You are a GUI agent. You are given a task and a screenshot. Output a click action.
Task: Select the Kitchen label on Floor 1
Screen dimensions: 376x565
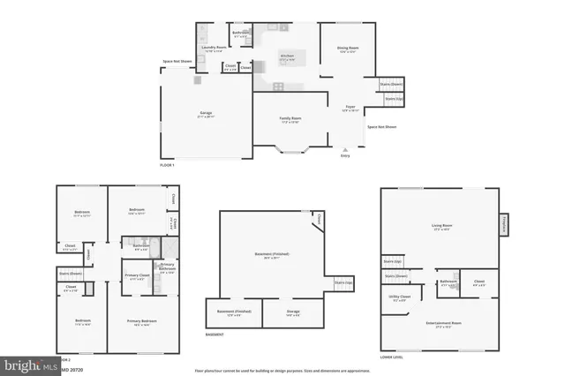[x=288, y=57]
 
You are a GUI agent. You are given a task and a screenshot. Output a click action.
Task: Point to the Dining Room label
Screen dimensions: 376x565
[x=347, y=50]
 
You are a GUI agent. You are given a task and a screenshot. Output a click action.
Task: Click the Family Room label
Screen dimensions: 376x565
[x=290, y=119]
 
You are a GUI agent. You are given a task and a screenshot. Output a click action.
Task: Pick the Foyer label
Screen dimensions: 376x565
[x=350, y=109]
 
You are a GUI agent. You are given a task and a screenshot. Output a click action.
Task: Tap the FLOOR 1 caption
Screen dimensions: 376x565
[x=168, y=166]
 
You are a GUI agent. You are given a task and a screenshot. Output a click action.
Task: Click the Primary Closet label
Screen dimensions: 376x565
[x=136, y=277]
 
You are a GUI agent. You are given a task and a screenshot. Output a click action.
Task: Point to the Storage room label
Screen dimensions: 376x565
[x=293, y=312]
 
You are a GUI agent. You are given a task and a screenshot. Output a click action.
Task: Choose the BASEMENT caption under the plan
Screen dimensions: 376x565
[x=215, y=335]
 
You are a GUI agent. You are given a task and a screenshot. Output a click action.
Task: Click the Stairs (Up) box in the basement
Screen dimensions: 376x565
[x=343, y=283]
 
